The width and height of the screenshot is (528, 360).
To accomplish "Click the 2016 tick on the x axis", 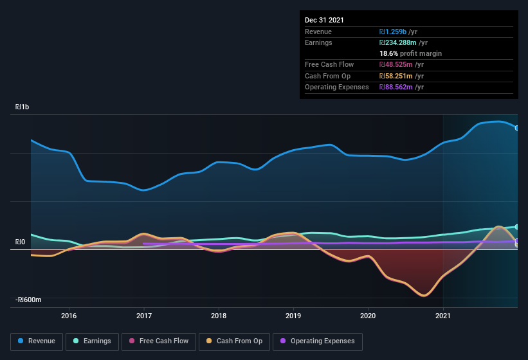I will coord(69,316).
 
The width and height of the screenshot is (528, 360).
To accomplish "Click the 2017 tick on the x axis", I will coord(144,316).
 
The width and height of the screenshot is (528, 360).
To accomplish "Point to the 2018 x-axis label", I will coord(219,316).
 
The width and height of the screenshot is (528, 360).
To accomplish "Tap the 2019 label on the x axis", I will coord(293,316).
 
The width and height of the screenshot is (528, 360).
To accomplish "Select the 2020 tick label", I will coord(368,316).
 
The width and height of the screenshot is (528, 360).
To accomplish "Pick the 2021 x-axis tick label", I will coord(443,316).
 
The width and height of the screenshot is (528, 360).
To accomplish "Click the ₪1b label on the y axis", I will coord(24,107).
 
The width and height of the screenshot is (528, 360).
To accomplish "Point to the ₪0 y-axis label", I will coord(20,242).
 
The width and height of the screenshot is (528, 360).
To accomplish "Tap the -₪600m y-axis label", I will coord(29,300).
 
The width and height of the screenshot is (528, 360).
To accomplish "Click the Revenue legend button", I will coord(36,341).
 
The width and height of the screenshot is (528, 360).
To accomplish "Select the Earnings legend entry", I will coord(92,341).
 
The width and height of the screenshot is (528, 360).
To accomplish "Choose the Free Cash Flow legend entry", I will coord(159,341).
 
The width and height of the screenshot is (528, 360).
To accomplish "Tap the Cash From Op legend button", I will coord(234,341).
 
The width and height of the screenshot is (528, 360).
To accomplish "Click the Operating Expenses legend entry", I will coord(318,341).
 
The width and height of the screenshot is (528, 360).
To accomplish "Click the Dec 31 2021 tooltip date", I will coord(324,20).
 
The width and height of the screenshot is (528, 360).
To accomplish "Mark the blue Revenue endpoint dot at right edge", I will coord(516,128).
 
